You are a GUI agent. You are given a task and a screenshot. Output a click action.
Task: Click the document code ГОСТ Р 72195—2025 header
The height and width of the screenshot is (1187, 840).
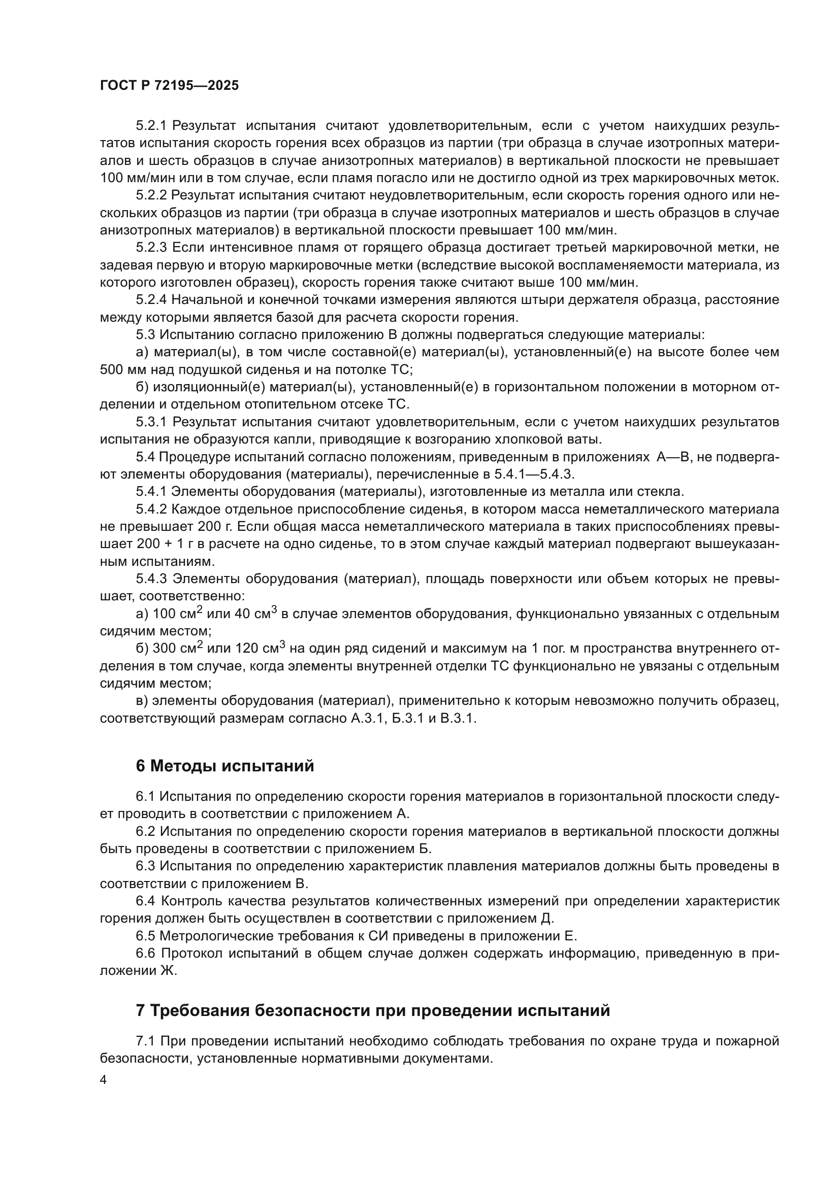coord(170,86)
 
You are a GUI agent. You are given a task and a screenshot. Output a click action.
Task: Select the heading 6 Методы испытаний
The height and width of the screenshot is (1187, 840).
coord(225,766)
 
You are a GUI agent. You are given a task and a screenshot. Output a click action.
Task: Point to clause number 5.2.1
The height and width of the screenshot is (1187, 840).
coord(151,126)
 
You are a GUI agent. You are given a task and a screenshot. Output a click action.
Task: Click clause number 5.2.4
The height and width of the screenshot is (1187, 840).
coord(151,300)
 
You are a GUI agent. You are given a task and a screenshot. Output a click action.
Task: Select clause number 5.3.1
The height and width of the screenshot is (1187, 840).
coord(151,422)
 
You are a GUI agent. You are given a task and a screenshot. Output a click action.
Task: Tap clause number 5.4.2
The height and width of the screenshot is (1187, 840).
coord(151,509)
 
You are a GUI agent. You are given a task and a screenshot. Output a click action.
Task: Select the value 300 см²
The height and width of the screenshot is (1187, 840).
coord(179,648)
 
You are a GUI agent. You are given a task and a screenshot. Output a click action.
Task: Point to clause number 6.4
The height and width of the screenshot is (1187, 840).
coord(145,901)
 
